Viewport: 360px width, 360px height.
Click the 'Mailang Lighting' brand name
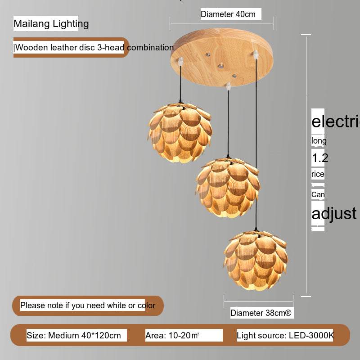[51, 24]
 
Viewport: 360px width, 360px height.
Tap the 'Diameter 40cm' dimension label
[228, 14]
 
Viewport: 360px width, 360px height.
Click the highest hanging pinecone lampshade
[180, 131]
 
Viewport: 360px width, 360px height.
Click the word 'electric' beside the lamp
[336, 121]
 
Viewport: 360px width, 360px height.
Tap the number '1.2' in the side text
[320, 158]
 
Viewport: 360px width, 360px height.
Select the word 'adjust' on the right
[334, 213]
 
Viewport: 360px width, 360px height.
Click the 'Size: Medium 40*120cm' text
[74, 335]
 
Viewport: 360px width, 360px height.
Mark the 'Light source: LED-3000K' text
[285, 335]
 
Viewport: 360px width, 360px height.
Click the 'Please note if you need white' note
[88, 306]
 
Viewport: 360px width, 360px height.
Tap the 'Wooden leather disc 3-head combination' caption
[94, 48]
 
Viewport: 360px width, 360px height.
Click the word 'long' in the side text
[319, 141]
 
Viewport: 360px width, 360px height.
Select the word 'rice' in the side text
[318, 174]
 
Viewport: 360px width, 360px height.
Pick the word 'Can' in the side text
[318, 194]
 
